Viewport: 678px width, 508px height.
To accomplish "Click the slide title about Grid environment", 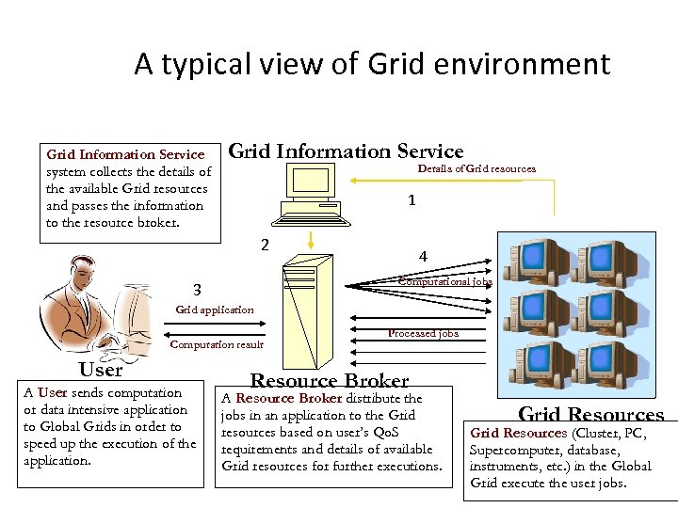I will [372, 64].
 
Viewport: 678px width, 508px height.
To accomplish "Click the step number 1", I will [412, 200].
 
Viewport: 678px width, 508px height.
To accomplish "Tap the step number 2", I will [265, 245].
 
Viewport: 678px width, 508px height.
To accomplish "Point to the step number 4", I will [423, 257].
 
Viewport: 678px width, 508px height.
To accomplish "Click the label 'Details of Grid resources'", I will [476, 168].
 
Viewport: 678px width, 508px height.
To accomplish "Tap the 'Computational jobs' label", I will [444, 281].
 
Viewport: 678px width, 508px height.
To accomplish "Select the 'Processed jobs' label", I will [423, 333].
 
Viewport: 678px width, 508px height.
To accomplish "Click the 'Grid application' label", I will [215, 310].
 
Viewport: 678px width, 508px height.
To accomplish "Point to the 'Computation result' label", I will [217, 344].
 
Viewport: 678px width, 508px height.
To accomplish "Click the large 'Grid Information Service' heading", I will [347, 151].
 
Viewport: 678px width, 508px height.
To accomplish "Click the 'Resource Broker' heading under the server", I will [329, 380].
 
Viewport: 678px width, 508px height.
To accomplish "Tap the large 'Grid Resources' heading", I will [591, 415].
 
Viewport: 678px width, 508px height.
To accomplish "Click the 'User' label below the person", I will [101, 370].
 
